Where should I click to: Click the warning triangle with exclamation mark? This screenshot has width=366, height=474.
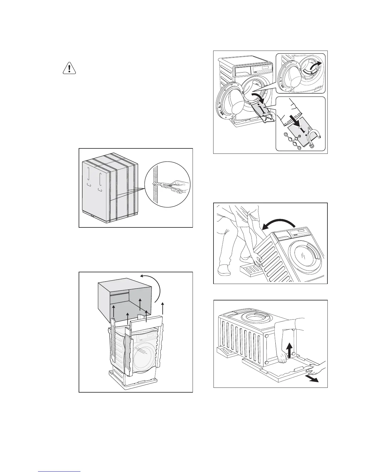pos(69,69)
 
